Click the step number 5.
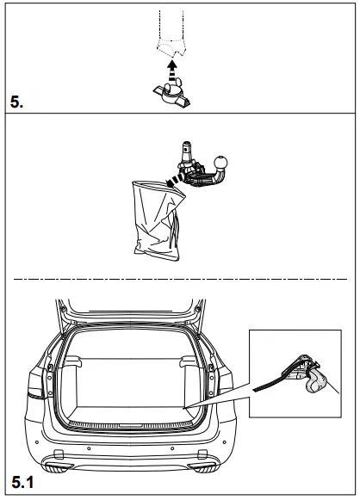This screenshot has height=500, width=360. [x=16, y=102]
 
